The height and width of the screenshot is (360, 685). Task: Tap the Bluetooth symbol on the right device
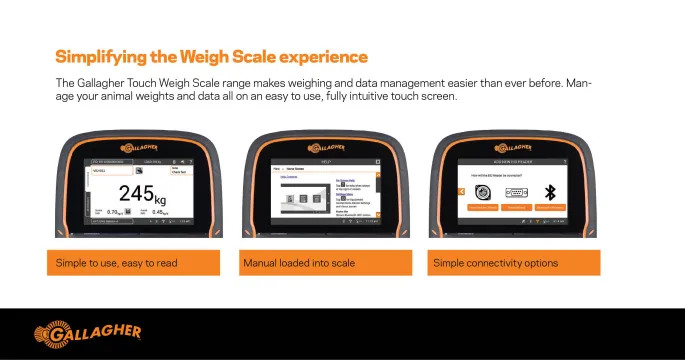coord(549,191)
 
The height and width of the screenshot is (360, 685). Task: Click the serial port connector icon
coord(516,191)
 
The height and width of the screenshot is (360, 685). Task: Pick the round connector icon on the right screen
coord(483,191)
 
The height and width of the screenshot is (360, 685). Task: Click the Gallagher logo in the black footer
coord(88,332)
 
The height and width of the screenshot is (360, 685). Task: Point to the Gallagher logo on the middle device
coord(326,147)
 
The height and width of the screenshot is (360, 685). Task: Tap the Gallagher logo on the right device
coord(515,147)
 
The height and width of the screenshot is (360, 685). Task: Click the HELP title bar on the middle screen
coord(326,160)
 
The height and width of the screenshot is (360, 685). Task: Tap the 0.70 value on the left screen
coord(115,212)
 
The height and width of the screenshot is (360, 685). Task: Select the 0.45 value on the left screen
coord(158,212)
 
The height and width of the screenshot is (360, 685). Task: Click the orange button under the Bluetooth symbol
coord(549,207)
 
